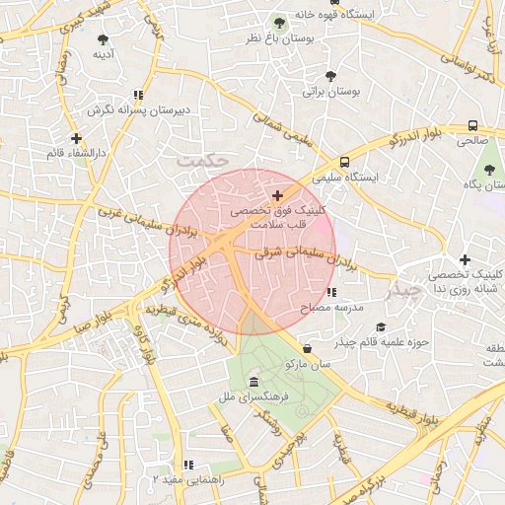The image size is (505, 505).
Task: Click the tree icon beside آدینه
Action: click(x=104, y=39)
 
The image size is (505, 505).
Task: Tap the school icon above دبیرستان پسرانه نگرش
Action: click(x=139, y=95)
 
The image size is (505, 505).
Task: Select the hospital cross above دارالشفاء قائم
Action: click(x=76, y=138)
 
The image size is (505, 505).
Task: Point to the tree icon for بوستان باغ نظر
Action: click(x=279, y=23)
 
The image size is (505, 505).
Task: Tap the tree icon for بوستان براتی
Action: click(x=330, y=76)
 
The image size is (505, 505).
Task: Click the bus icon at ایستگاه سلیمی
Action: click(x=344, y=163)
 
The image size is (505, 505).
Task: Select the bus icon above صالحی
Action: click(x=472, y=126)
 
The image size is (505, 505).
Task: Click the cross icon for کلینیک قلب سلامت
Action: click(x=277, y=196)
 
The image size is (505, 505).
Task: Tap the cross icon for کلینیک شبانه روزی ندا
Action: click(x=465, y=259)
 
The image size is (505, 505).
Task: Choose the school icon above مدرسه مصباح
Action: click(x=331, y=293)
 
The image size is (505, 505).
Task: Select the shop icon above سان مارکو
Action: click(x=308, y=348)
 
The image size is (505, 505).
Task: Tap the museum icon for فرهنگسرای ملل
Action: click(x=254, y=382)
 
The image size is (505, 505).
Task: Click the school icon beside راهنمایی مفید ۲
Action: click(x=186, y=465)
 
